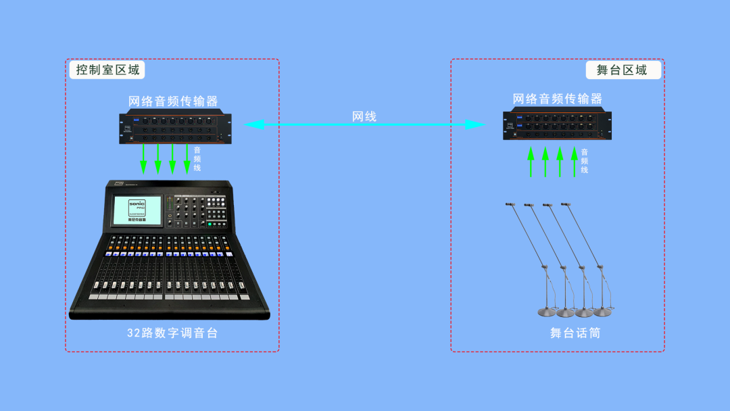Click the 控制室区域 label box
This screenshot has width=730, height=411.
107,70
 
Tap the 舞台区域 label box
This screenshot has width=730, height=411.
622,70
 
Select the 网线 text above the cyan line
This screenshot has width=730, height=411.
364,116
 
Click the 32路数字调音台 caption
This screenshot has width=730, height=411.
172,333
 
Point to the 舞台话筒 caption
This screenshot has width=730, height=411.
575,333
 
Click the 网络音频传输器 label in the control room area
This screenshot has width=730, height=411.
174,101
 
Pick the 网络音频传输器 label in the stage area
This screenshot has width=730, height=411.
558,99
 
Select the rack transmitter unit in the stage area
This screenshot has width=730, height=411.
558,125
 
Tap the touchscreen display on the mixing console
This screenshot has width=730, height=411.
137,210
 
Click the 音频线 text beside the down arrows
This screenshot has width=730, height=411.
197,158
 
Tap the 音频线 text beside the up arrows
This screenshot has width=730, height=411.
585,161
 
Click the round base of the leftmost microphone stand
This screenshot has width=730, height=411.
547,312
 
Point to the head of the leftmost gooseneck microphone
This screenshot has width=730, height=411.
510,203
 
